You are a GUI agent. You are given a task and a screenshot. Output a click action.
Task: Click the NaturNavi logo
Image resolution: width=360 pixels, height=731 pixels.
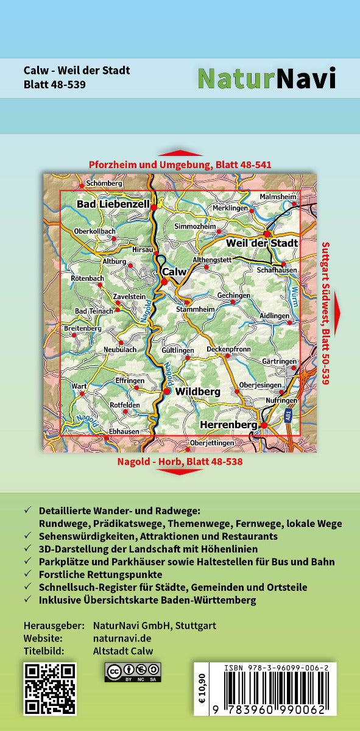266,78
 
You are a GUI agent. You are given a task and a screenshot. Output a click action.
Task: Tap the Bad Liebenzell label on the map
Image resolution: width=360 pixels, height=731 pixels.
113,205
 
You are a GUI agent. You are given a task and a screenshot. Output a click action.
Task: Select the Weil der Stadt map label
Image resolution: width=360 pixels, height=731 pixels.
262,243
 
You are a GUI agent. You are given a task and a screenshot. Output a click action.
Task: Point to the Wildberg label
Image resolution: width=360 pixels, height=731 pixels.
197,392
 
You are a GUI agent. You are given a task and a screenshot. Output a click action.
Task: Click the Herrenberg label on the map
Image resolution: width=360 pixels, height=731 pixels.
228,424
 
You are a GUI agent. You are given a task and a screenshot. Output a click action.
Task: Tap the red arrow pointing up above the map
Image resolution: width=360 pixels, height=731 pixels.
180,153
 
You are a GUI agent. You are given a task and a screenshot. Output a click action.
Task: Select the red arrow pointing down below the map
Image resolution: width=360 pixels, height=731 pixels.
180,471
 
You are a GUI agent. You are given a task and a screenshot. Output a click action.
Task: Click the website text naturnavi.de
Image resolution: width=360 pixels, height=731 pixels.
122,638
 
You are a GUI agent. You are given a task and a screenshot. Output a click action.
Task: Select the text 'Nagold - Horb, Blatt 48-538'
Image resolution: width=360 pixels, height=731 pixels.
180,462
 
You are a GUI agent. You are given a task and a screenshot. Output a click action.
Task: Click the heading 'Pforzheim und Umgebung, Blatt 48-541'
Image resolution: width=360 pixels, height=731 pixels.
180,164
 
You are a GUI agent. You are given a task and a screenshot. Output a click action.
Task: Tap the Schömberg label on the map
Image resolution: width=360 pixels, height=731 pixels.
104,183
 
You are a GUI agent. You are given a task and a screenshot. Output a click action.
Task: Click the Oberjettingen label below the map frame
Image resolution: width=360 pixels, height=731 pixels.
212,443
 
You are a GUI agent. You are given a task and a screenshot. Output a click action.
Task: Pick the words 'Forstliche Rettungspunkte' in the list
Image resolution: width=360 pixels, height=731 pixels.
101,574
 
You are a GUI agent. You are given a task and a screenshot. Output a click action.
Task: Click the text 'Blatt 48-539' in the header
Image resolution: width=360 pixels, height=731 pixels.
54,84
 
